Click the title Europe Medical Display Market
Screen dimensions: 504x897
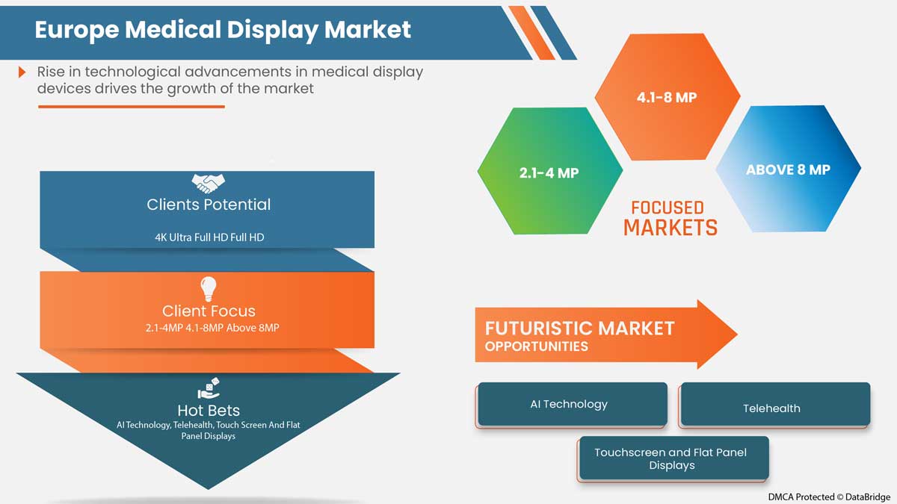tap(223, 29)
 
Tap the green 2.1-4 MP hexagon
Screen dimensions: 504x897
tap(549, 172)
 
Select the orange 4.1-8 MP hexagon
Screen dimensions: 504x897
tap(667, 97)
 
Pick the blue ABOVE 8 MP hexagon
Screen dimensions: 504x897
tap(788, 169)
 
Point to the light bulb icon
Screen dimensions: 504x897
tap(208, 289)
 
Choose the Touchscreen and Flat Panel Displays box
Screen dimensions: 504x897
tap(671, 458)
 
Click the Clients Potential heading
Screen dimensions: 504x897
tap(209, 205)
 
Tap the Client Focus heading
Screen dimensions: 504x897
tap(209, 311)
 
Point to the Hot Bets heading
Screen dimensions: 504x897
tap(209, 410)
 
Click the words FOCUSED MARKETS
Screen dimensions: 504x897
tap(670, 218)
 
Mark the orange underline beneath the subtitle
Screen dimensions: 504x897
tap(131, 107)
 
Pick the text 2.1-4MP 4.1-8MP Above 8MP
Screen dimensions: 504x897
tap(209, 328)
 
